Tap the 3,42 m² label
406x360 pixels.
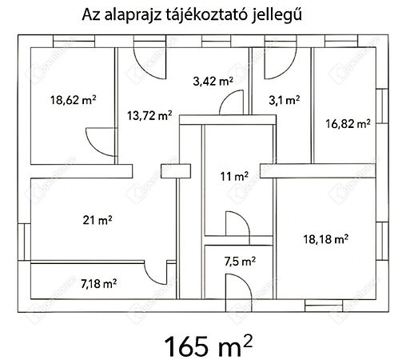pos(213,81)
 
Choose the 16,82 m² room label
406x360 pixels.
pos(348,123)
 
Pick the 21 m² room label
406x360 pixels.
pos(97,218)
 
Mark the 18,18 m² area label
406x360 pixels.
pos(325,238)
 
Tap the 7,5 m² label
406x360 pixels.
pos(239,261)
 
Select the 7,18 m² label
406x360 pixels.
pos(98,282)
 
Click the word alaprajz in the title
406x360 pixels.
pos(133,15)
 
